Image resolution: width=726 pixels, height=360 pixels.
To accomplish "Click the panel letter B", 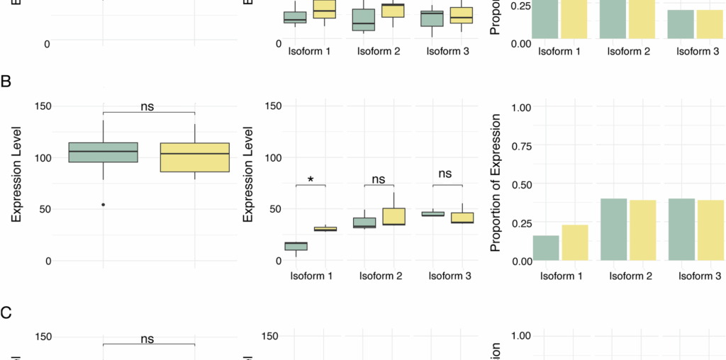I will (6, 81).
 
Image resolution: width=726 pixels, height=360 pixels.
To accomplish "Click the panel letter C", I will (6, 312).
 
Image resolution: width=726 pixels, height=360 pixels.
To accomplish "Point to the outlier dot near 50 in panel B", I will (104, 205).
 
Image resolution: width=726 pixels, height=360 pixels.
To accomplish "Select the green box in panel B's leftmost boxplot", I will (104, 152).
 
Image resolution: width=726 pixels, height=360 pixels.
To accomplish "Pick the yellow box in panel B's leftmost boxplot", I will (194, 157).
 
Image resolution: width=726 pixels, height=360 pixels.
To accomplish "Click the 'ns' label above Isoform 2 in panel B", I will (379, 174).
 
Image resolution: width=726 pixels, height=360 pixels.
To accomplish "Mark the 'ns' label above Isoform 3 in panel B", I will (445, 174).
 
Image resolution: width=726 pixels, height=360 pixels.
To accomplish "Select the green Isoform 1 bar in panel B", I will (545, 247).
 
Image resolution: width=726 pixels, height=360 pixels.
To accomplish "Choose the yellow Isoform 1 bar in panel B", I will (574, 242).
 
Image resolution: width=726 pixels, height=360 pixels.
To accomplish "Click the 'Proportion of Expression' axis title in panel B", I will (496, 183).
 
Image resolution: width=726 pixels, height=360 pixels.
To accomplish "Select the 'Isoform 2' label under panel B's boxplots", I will (379, 275).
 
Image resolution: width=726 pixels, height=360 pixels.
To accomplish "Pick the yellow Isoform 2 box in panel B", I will (393, 217).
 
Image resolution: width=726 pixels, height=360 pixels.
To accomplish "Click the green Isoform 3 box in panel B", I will (432, 213).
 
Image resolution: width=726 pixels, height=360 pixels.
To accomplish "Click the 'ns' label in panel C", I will (147, 339).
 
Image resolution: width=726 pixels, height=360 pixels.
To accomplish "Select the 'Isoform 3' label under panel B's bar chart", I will (698, 275).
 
